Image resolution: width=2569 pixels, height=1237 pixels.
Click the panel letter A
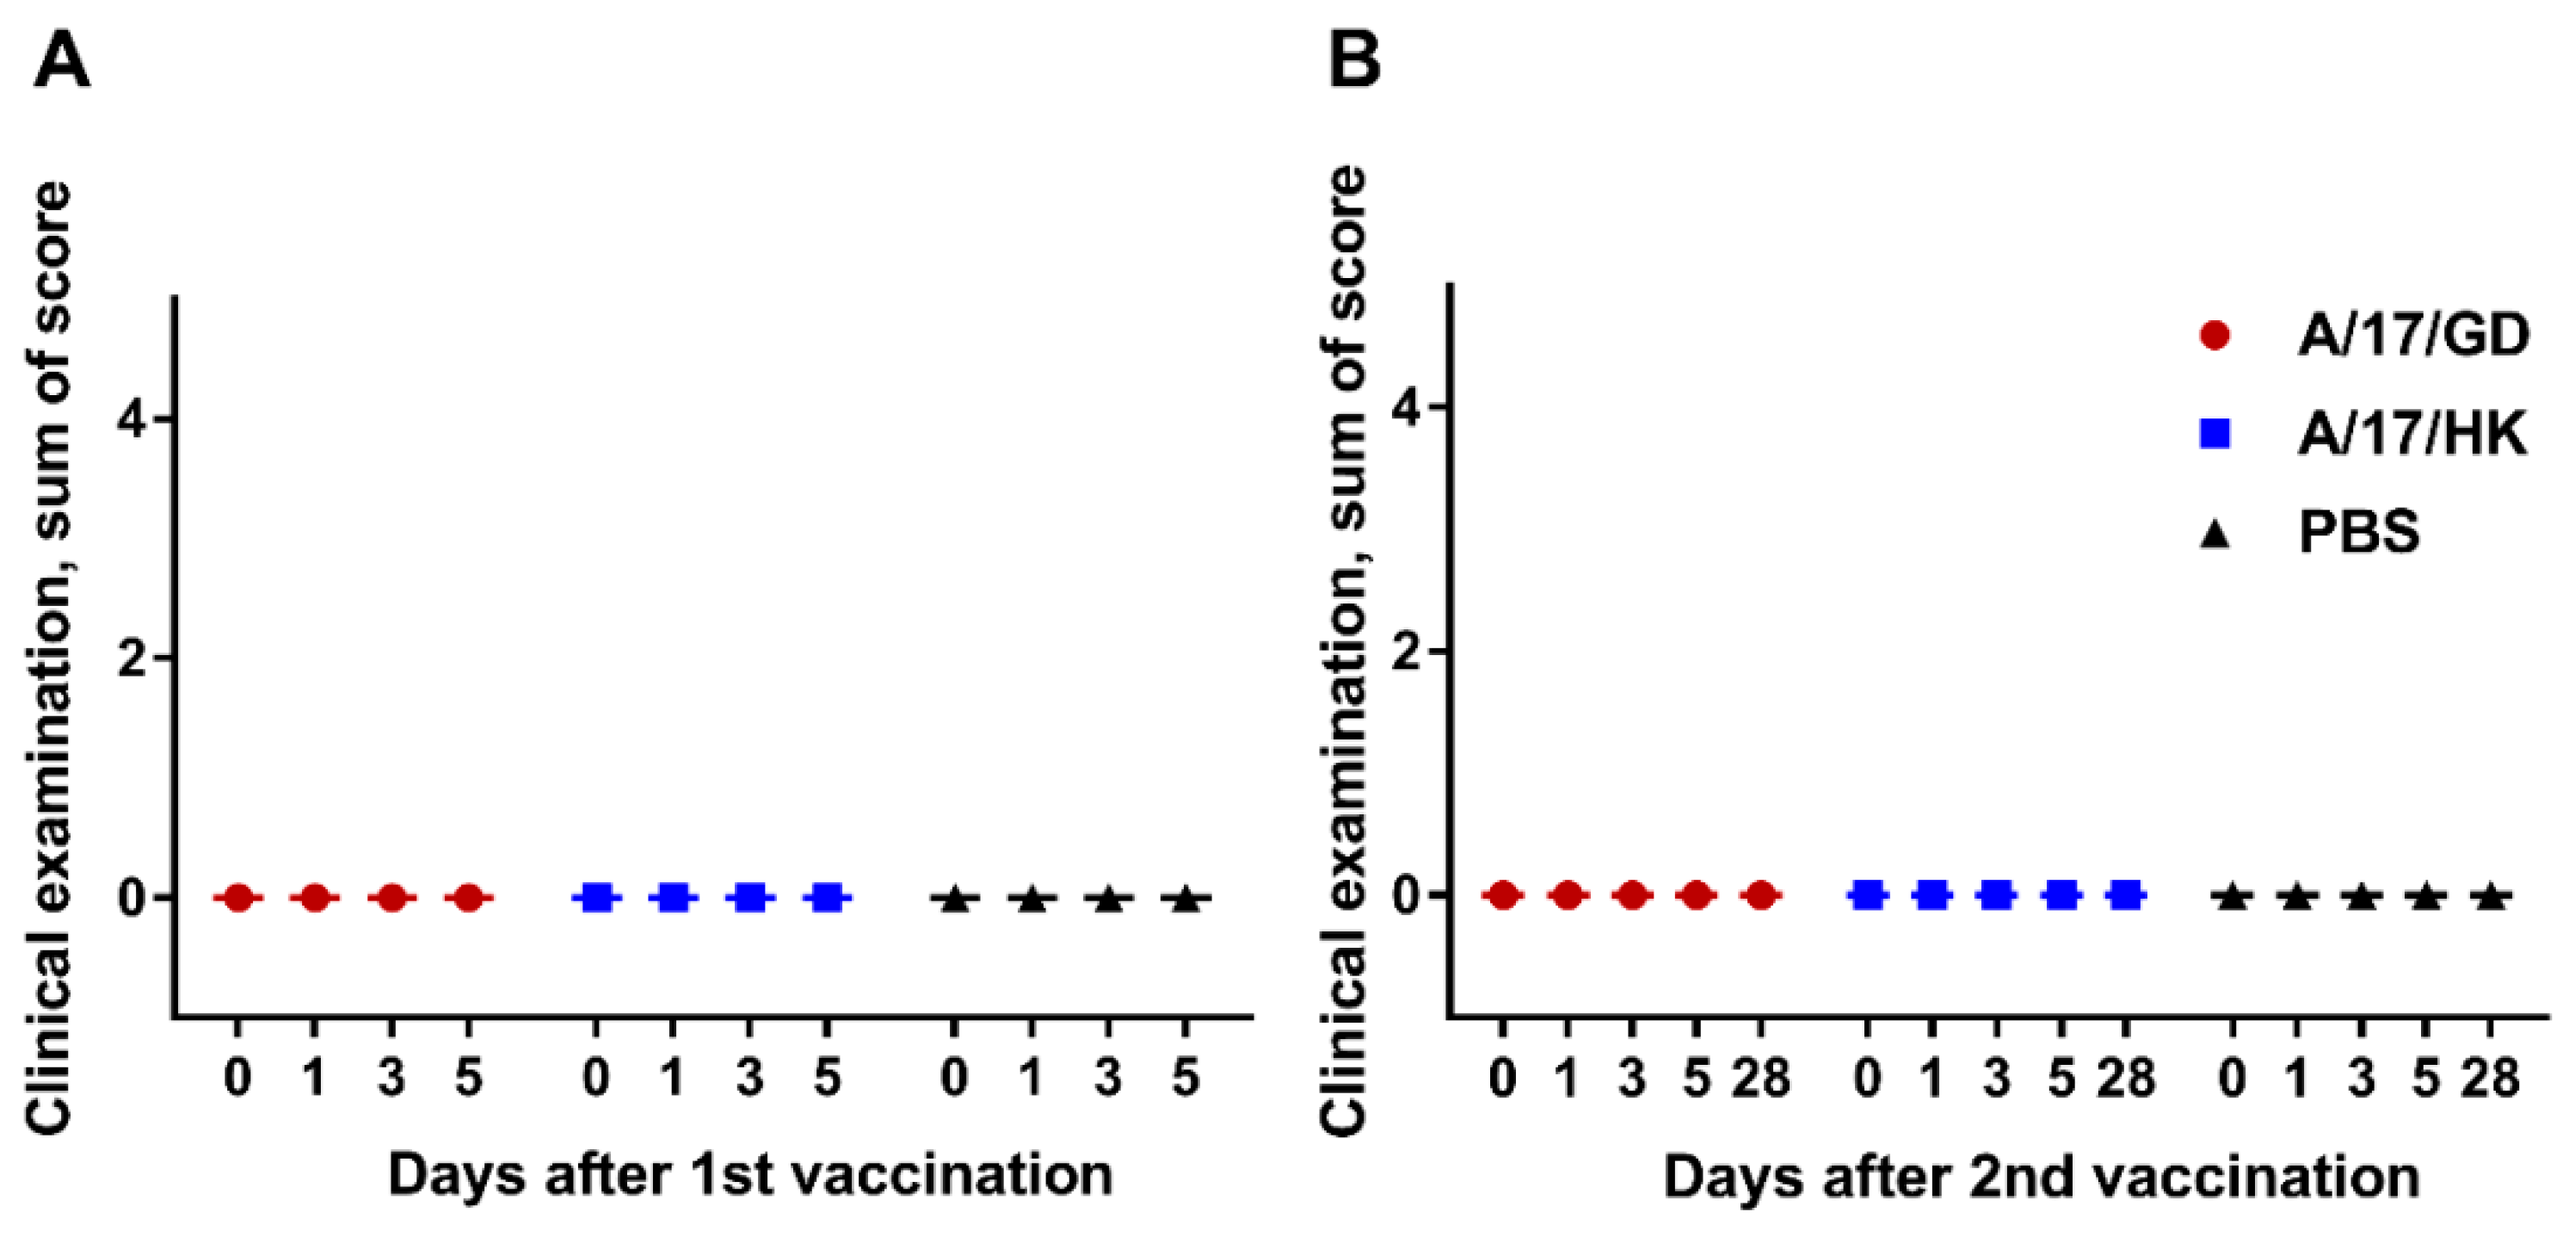pyautogui.click(x=62, y=62)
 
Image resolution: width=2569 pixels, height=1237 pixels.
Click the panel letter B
pyautogui.click(x=1355, y=62)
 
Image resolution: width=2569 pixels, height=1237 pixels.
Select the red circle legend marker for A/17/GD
pyautogui.click(x=2215, y=335)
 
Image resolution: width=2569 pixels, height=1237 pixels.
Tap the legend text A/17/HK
pyautogui.click(x=2412, y=434)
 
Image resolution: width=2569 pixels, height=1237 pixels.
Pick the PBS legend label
pyautogui.click(x=2358, y=532)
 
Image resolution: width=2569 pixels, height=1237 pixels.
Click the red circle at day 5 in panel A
pyautogui.click(x=469, y=898)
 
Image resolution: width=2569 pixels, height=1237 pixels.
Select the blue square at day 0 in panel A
pyautogui.click(x=596, y=898)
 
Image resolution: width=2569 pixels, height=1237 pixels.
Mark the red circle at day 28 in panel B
pyautogui.click(x=1761, y=896)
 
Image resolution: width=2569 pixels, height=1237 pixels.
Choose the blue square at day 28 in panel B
pyautogui.click(x=2126, y=896)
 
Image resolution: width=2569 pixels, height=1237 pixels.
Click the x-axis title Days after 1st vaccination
pyautogui.click(x=750, y=1175)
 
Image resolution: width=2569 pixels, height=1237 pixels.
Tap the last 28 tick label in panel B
pyautogui.click(x=2490, y=1079)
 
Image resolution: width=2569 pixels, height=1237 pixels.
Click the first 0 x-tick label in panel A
pyautogui.click(x=237, y=1079)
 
